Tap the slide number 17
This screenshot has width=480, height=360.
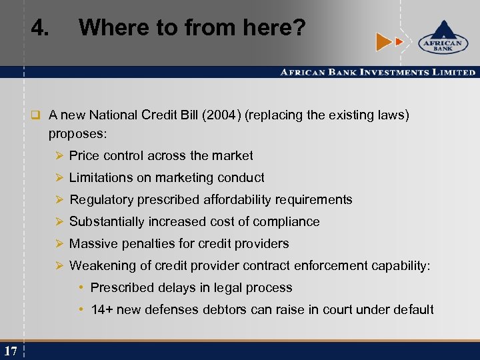click(10, 351)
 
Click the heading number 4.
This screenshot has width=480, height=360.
click(41, 28)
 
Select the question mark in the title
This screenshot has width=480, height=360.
click(299, 28)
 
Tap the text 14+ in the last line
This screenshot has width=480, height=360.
click(101, 310)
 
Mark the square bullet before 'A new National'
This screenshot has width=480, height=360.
click(38, 115)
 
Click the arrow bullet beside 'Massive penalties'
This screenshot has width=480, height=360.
click(59, 244)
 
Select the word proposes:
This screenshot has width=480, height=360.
click(77, 134)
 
